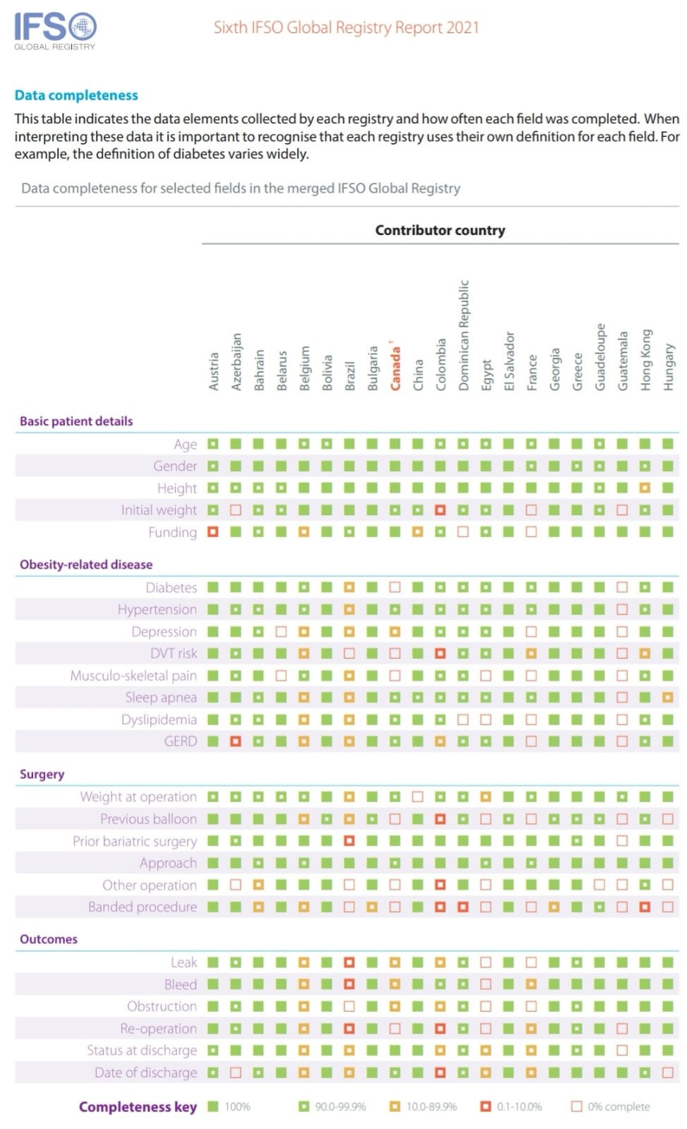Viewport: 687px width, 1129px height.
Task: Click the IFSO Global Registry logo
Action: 56,31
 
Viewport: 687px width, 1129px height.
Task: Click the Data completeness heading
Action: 76,95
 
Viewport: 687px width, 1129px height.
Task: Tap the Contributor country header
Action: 440,230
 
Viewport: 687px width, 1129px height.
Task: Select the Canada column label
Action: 395,366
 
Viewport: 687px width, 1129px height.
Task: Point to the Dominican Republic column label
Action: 463,335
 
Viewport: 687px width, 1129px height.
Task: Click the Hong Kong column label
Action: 645,360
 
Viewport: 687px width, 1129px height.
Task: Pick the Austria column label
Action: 213,371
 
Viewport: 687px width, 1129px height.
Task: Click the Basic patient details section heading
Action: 76,421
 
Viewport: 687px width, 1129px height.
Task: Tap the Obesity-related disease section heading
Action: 86,564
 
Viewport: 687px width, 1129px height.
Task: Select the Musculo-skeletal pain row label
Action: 133,675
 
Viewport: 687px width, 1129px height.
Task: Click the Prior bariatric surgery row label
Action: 135,841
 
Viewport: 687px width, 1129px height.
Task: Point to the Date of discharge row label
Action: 145,1072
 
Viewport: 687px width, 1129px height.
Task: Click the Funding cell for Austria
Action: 213,532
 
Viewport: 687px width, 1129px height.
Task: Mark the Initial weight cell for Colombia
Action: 440,510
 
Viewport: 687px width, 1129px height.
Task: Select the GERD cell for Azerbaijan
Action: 236,742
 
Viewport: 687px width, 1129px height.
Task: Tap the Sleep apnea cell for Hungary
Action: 668,698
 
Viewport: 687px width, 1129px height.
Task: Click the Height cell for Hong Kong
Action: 645,488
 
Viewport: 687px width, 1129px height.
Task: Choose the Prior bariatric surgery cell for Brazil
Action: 349,840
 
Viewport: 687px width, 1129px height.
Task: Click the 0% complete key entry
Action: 610,1107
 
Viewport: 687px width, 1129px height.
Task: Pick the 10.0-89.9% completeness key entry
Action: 424,1107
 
